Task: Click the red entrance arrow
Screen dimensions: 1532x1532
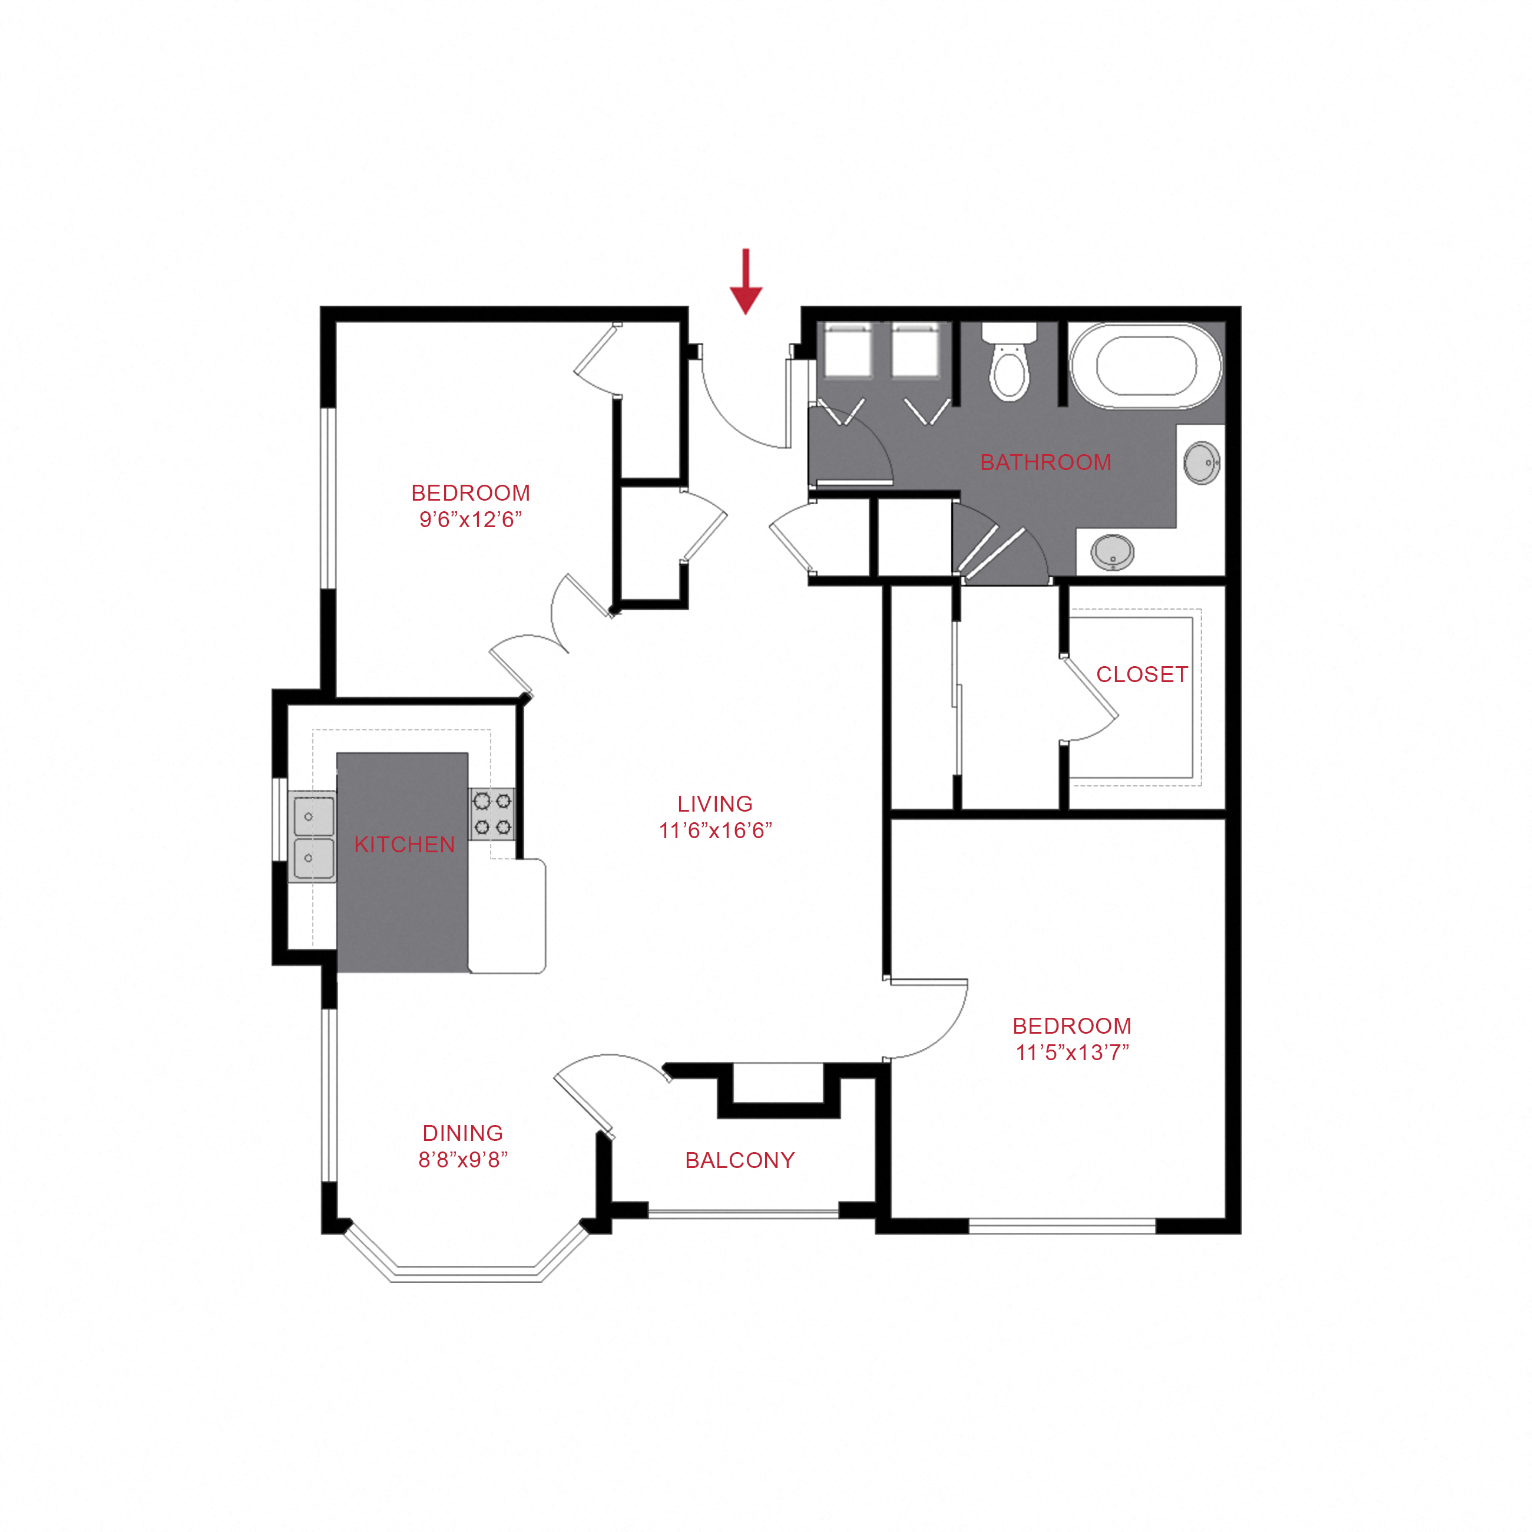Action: tap(745, 282)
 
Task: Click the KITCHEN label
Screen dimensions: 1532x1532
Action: tap(405, 845)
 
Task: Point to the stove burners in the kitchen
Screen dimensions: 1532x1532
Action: tap(492, 815)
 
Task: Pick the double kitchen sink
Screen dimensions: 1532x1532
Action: tap(312, 836)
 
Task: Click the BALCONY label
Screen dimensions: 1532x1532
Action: tap(740, 1160)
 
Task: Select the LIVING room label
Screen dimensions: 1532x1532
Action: tap(715, 803)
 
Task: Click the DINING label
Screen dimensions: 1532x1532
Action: tap(463, 1133)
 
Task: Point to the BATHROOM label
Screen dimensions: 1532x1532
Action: tap(1046, 462)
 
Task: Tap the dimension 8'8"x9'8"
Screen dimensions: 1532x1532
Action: tap(463, 1160)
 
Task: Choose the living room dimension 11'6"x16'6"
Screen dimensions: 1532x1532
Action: tap(715, 830)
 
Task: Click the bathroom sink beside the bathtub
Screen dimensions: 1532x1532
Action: tap(1202, 463)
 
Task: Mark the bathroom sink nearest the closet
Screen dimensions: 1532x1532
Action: tap(1113, 552)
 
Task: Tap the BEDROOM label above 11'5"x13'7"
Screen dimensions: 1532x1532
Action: tap(1072, 1025)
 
